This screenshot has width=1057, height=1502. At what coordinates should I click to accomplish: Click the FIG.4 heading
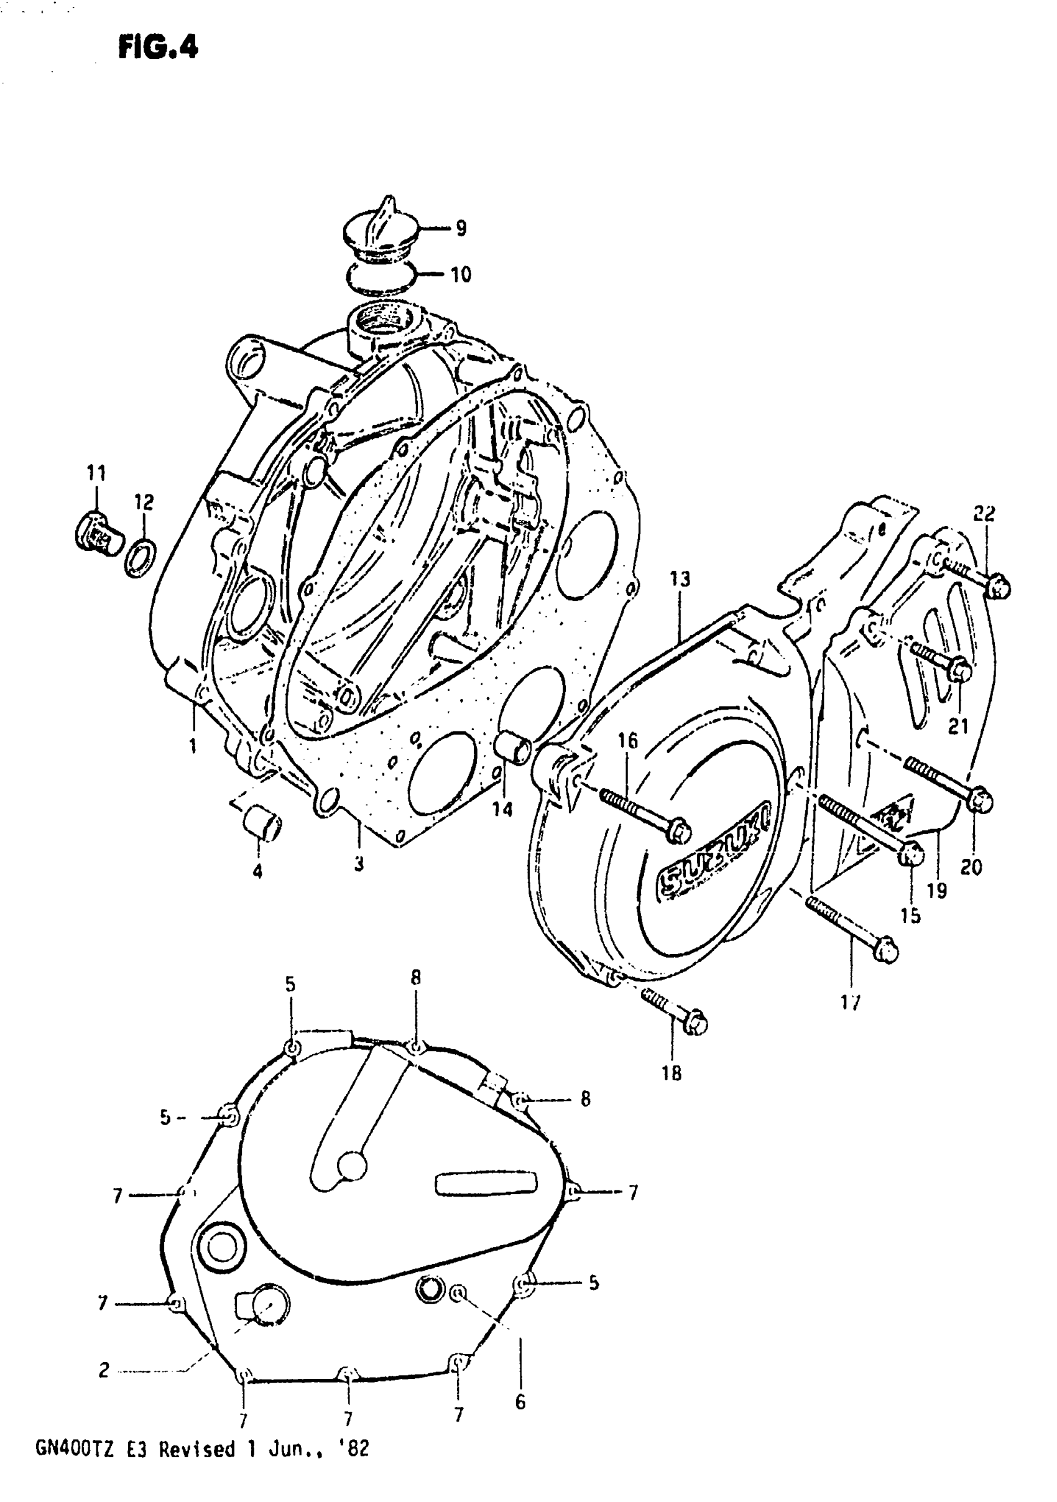(x=158, y=48)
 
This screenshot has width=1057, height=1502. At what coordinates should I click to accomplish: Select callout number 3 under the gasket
(x=358, y=863)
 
